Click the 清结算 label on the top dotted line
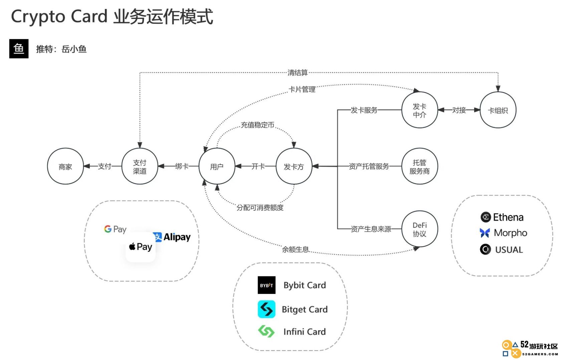tap(298, 73)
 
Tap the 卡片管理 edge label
tap(302, 89)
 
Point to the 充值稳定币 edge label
tap(257, 125)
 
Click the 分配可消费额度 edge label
tap(260, 207)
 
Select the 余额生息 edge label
tap(295, 249)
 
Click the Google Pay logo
tap(115, 229)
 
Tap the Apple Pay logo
tap(141, 247)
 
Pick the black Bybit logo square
tap(266, 285)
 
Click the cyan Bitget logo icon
tap(266, 309)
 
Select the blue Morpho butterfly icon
tap(485, 233)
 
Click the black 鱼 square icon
tap(19, 49)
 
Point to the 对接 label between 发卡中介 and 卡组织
tap(459, 110)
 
